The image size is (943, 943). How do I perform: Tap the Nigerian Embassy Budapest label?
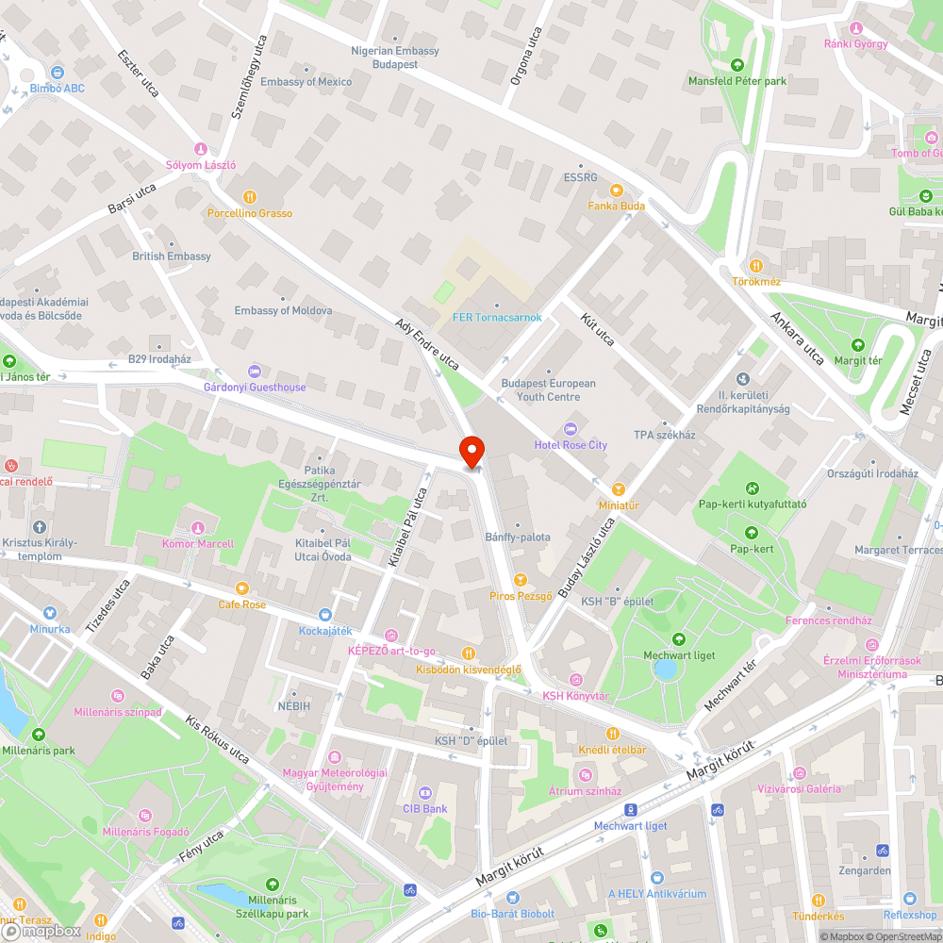(x=394, y=58)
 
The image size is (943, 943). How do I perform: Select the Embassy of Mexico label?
(x=306, y=82)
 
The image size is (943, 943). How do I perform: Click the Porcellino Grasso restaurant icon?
(x=250, y=197)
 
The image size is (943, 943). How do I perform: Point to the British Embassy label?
(x=172, y=256)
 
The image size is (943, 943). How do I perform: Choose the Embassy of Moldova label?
(x=283, y=310)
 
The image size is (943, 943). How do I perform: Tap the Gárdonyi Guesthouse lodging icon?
(x=254, y=372)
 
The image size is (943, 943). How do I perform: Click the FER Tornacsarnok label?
(x=497, y=317)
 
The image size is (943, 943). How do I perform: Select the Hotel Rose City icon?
(x=571, y=429)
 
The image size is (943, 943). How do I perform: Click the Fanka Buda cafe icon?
(x=617, y=190)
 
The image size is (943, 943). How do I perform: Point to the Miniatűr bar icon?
(x=618, y=488)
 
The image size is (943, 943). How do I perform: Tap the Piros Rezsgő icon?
(x=520, y=579)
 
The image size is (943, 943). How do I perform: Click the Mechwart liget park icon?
(x=678, y=639)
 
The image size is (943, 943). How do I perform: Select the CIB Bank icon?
(x=424, y=792)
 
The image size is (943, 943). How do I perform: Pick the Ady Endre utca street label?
(x=428, y=345)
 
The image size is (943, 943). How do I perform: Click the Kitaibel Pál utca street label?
(x=408, y=527)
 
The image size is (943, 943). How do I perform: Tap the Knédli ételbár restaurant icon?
(x=612, y=734)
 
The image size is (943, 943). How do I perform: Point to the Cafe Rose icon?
(x=242, y=588)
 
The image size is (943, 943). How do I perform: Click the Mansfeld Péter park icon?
(x=737, y=65)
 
